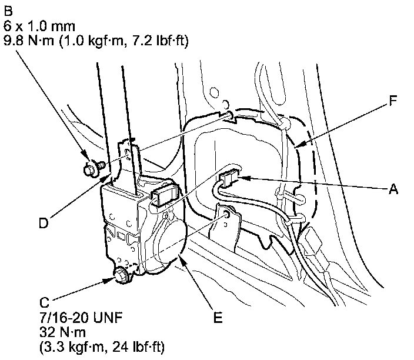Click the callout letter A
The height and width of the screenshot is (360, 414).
click(393, 189)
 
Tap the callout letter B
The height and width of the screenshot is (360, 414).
click(8, 11)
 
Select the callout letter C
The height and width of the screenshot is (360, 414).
click(44, 302)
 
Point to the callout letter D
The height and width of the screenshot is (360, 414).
click(44, 223)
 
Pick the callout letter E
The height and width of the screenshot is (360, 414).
click(218, 318)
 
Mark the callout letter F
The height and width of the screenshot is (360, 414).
click(393, 101)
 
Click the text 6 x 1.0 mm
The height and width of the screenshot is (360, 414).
click(39, 26)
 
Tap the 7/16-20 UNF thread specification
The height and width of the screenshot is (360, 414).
click(81, 317)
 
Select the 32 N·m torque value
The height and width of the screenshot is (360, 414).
click(62, 332)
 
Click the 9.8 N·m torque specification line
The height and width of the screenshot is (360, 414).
click(96, 41)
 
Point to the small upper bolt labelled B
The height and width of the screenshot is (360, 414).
click(94, 168)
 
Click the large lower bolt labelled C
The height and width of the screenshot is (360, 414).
click(122, 276)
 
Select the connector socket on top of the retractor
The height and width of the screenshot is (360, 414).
click(164, 195)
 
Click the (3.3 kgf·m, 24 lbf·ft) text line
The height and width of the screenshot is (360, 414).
click(102, 347)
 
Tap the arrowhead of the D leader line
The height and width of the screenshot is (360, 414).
click(108, 178)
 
